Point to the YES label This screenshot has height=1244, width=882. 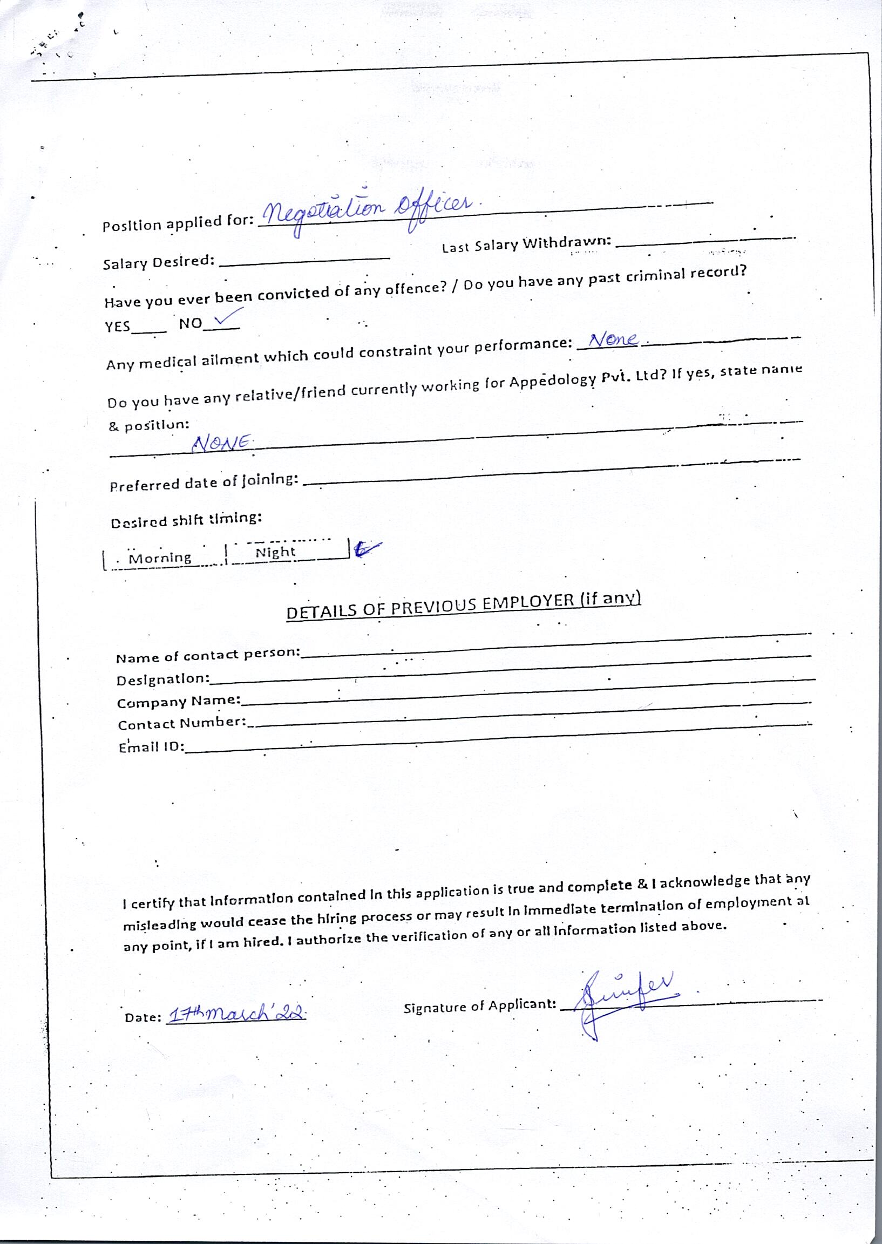coord(117,327)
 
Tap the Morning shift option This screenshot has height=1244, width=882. coord(160,558)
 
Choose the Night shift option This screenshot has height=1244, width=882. coord(275,552)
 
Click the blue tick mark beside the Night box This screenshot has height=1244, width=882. coord(367,549)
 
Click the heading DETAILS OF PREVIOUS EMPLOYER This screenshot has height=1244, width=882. coord(463,605)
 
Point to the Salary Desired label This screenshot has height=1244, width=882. coord(158,262)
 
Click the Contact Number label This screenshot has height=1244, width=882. coord(182,724)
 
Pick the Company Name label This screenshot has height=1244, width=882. coord(179,702)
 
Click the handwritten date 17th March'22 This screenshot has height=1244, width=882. coord(237,1014)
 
